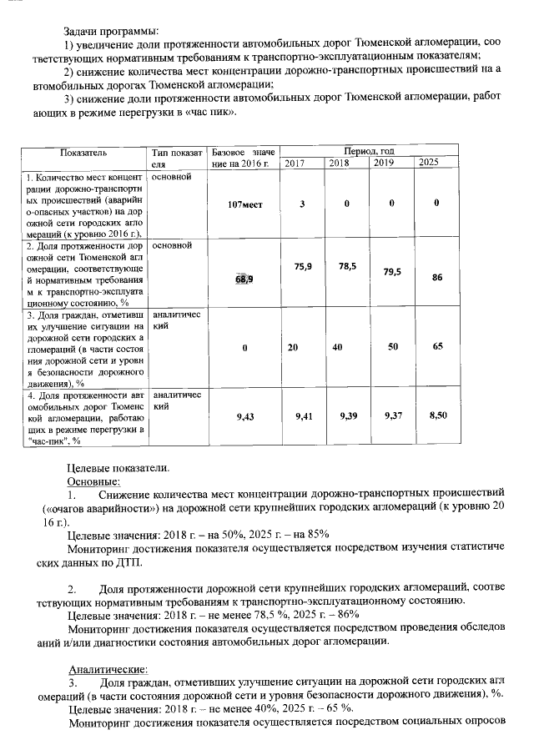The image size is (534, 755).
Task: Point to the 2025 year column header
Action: pos(429,163)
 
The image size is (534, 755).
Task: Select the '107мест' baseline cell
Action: pos(244,204)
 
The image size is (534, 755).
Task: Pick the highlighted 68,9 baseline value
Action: pos(244,279)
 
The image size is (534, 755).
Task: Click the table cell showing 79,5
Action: pos(392,271)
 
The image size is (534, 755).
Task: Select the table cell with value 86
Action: pos(436,279)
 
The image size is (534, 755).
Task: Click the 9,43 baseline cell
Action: pos(244,415)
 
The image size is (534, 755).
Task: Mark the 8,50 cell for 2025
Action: pos(437,414)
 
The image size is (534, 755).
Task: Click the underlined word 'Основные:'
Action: pos(93,481)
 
